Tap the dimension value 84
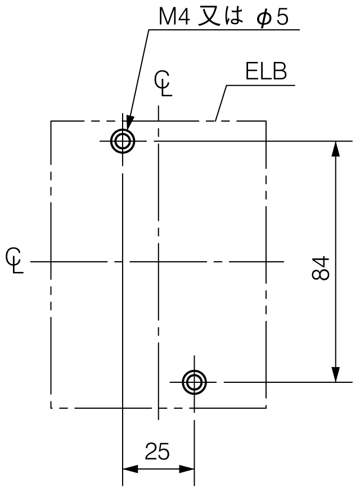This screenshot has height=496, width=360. [321, 268]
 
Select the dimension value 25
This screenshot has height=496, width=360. [157, 451]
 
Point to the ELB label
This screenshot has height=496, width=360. [266, 72]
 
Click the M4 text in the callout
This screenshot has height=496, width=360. [174, 16]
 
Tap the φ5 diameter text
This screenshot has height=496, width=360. [272, 17]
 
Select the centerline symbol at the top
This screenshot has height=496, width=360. [163, 83]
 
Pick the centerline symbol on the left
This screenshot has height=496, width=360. [14, 261]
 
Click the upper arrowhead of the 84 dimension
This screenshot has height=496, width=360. [336, 149]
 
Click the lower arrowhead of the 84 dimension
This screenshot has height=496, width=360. [336, 374]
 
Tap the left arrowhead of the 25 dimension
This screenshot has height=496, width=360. [130, 469]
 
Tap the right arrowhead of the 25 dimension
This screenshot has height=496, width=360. [187, 469]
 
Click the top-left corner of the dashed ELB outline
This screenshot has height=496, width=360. [51, 121]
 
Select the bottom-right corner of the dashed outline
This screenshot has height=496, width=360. [266, 408]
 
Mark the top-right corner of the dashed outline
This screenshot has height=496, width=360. [266, 121]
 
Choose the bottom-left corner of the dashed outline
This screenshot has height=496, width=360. [51, 408]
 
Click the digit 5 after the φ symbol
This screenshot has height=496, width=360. [282, 17]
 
